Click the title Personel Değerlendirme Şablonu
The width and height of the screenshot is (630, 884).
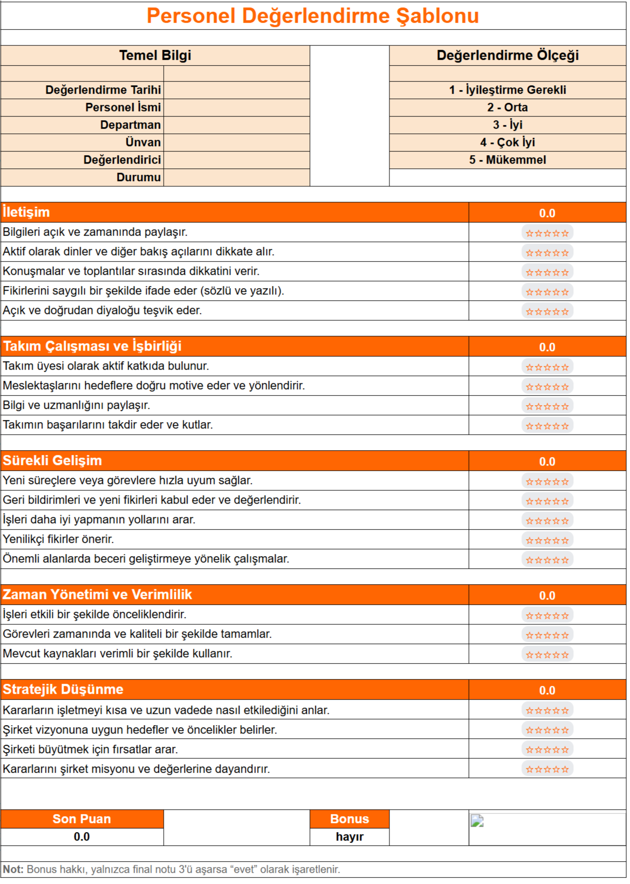point(313,16)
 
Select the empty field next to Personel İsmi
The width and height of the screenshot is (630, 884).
point(236,108)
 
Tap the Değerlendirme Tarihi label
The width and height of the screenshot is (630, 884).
point(103,90)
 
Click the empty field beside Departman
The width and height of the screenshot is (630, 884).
point(236,125)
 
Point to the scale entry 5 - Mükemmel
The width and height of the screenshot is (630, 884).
point(507,160)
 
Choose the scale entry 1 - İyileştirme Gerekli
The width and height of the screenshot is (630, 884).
point(507,90)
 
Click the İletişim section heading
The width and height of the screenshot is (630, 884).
point(26,212)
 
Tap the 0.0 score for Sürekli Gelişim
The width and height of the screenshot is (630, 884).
point(547,462)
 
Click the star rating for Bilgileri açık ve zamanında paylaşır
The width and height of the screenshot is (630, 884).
point(547,233)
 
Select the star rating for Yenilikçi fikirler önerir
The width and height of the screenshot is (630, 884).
point(547,540)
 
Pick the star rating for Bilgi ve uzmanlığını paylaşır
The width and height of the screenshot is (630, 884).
point(547,406)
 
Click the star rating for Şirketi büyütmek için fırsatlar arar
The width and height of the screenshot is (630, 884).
point(547,749)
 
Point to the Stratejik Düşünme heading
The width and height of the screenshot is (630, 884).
point(63,690)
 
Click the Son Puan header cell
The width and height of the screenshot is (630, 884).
point(82,819)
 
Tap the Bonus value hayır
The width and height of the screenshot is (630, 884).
point(349,837)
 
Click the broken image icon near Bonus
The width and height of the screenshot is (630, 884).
point(477,822)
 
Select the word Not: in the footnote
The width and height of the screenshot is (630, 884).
point(13,870)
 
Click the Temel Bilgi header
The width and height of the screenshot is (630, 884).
point(155,56)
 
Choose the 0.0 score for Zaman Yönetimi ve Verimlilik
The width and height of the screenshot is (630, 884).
point(547,596)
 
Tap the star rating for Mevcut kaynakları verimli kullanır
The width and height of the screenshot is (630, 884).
point(547,655)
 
